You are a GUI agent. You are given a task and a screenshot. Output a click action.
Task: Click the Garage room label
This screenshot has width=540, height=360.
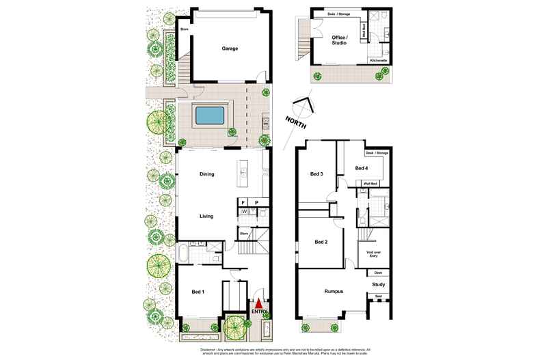[230, 49]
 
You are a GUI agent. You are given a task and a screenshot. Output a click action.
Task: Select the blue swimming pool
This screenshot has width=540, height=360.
[211, 116]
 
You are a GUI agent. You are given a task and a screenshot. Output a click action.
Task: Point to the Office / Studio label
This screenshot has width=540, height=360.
[340, 39]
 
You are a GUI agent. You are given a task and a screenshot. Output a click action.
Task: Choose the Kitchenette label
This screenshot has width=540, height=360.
[379, 61]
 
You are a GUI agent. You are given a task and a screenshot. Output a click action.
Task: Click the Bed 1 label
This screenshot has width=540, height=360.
[198, 292]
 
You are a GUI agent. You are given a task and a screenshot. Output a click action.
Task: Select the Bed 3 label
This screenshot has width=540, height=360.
[316, 174]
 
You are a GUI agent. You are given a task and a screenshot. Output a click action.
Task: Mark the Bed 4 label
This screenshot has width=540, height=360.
[362, 168]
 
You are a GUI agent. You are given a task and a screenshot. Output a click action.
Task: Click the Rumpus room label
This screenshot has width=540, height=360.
[334, 292]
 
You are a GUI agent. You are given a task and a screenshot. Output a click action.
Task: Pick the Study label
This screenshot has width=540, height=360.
[379, 283]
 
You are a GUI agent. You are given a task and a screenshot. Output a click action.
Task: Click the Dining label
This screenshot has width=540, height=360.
[206, 174]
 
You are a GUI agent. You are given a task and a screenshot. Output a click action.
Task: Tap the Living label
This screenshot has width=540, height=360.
[206, 216]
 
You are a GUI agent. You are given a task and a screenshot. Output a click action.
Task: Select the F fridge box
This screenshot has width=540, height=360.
[243, 202]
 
